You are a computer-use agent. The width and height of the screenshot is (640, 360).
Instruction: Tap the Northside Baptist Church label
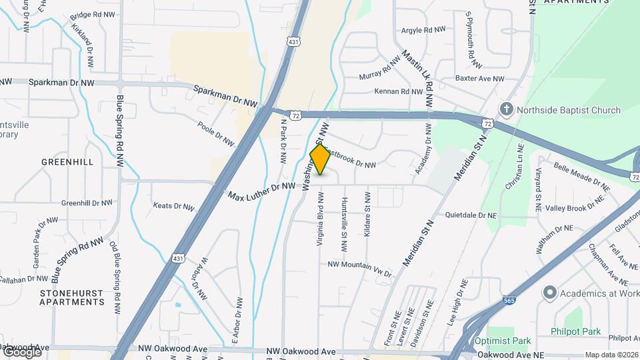569,110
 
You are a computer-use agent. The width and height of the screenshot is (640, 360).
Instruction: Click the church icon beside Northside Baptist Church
507,109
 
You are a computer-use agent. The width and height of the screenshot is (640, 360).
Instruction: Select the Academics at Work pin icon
549,292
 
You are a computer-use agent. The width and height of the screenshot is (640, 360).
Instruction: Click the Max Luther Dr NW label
261,192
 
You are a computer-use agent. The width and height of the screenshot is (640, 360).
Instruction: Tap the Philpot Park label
576,331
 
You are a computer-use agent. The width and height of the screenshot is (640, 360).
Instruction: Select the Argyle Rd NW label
423,30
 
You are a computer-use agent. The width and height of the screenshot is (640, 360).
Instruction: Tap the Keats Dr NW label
173,206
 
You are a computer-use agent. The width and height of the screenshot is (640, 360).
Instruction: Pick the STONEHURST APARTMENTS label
72,297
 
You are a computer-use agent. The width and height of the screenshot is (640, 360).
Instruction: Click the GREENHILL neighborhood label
67,162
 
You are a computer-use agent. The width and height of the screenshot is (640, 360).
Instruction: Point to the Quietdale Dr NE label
471,215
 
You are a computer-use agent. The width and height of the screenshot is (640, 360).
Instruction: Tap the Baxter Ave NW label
480,79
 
